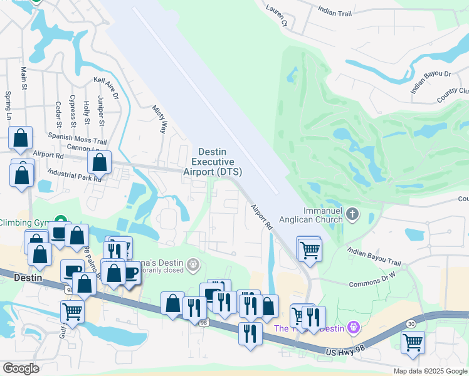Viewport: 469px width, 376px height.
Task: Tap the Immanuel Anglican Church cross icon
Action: click(352, 215)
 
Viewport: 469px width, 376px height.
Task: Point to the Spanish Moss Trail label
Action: click(78, 138)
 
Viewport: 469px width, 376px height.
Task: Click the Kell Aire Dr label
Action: click(105, 88)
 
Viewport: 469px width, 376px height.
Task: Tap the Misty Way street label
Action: click(159, 119)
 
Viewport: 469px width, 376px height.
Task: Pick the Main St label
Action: click(24, 79)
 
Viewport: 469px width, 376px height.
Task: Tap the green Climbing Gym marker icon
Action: click(60, 221)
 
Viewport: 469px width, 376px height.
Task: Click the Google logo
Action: click(21, 368)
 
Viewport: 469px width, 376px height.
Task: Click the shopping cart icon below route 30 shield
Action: click(413, 342)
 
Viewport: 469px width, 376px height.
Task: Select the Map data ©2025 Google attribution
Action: click(429, 371)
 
